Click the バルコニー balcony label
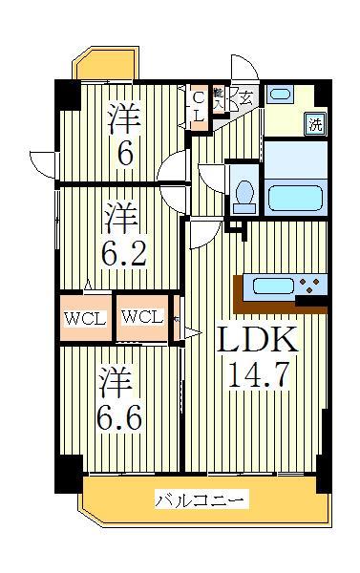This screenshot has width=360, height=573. tap(201, 499)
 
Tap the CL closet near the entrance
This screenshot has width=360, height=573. tap(199, 105)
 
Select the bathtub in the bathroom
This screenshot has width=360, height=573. tap(297, 197)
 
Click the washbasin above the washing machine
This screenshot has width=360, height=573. tap(280, 95)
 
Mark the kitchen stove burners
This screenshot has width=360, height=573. tap(311, 284)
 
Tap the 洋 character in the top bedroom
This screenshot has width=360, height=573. tap(123, 117)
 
